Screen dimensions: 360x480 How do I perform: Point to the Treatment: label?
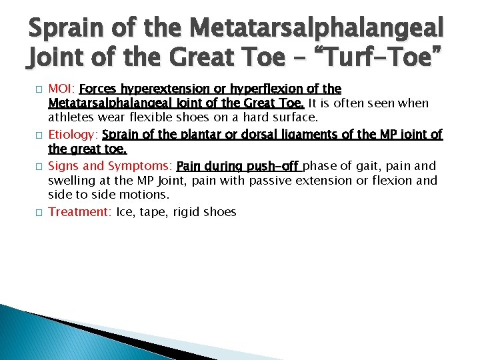[80, 212]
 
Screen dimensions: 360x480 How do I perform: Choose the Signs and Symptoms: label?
[111, 166]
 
